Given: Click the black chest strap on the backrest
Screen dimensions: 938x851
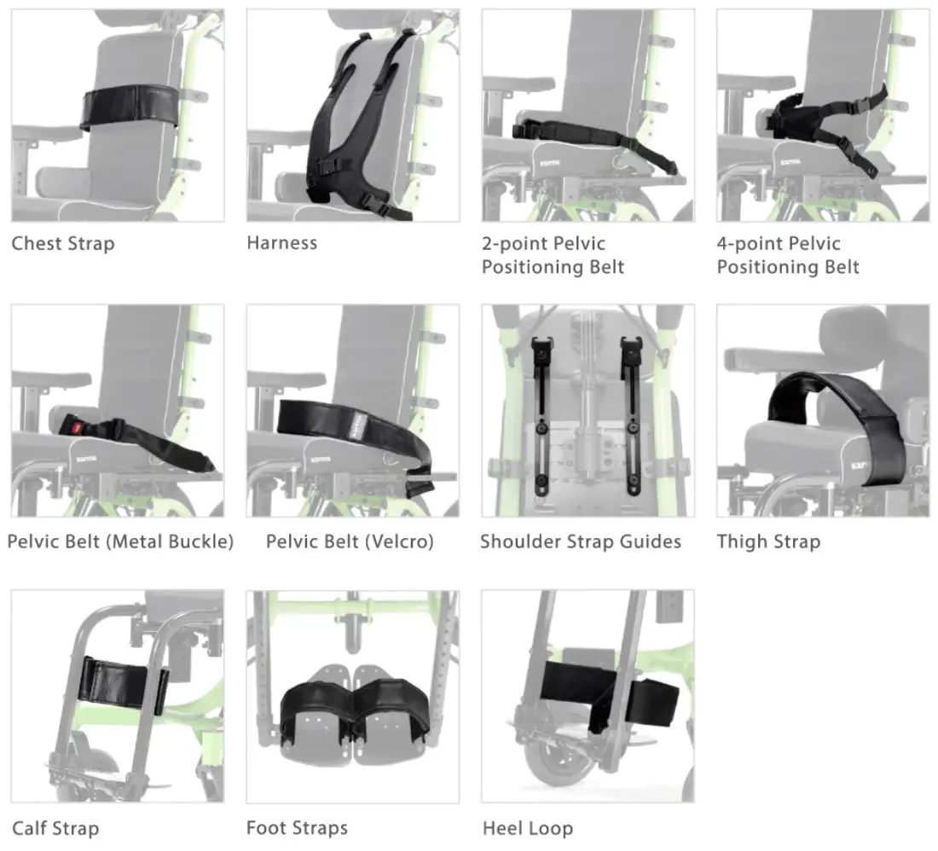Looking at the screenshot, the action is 130,107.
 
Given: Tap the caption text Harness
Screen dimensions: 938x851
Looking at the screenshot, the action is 281,243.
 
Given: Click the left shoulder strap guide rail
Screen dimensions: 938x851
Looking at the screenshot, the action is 541,416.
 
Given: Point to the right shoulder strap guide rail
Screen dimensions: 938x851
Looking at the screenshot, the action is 632,416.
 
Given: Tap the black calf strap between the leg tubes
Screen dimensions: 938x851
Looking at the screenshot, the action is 123,685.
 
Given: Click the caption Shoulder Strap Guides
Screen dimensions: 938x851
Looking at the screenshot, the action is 581,541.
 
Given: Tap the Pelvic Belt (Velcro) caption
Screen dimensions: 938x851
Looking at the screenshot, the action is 350,541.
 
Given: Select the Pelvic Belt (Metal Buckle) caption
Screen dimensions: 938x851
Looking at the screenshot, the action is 120,541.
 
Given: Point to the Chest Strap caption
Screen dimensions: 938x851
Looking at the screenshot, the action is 63,244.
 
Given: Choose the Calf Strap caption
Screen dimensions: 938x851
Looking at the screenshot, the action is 55,829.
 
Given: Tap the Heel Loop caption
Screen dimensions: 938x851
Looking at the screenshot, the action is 528,829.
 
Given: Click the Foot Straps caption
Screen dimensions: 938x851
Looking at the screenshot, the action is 298,828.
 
